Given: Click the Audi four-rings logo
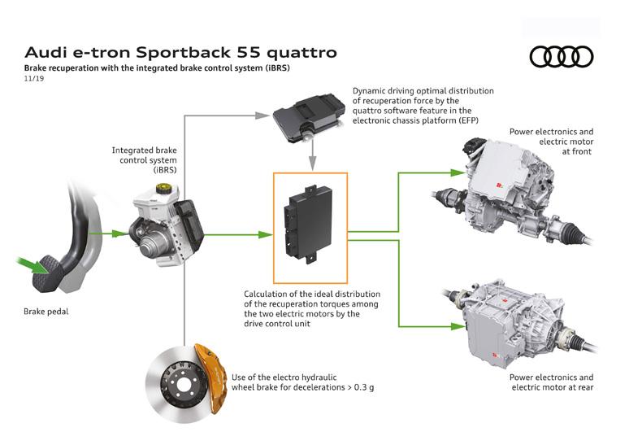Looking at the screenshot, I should [562, 56].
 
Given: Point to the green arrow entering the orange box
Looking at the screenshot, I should [265, 234].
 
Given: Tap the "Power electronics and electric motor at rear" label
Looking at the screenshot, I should [552, 382].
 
